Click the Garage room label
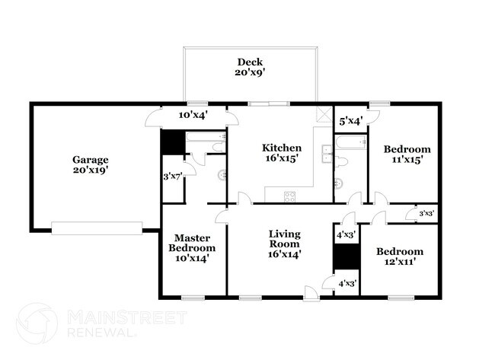click(x=91, y=165)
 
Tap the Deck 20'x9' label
click(x=250, y=67)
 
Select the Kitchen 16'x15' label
click(x=282, y=153)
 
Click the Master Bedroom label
click(x=192, y=247)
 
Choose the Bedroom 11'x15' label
click(x=407, y=155)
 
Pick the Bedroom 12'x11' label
click(x=400, y=256)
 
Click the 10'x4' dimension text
click(x=193, y=115)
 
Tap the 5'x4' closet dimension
click(x=351, y=119)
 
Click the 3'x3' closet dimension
click(x=427, y=214)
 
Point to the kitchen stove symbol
click(x=290, y=196)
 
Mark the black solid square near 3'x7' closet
click(x=170, y=142)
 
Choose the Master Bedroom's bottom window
click(x=193, y=298)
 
